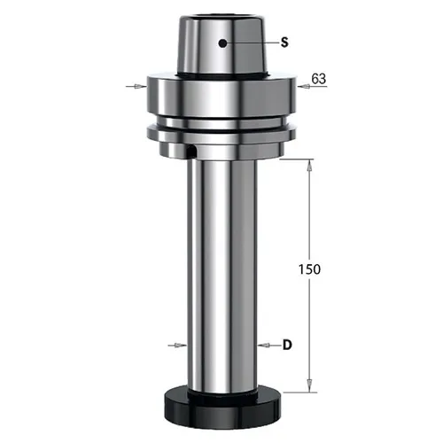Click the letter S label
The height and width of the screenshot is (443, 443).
click(x=284, y=43)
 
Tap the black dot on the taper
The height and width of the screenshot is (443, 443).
click(x=222, y=43)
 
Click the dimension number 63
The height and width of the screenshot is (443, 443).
click(x=319, y=79)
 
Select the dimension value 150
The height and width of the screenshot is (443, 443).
click(x=309, y=269)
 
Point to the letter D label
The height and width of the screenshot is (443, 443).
click(x=287, y=345)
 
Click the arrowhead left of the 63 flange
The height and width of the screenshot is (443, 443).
click(x=141, y=86)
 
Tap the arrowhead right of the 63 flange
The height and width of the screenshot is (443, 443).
click(x=303, y=86)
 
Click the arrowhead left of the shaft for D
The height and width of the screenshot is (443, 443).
click(x=181, y=345)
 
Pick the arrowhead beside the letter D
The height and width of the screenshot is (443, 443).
click(x=264, y=345)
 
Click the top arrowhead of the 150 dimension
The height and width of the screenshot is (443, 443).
click(x=309, y=166)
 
